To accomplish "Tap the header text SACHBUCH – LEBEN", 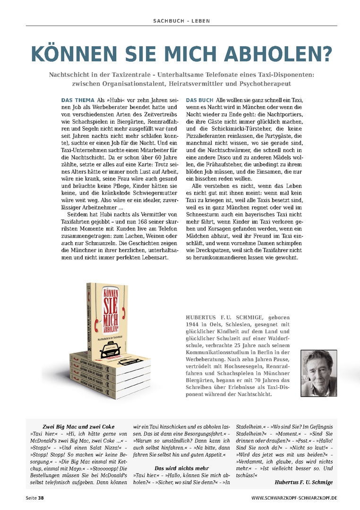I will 182,21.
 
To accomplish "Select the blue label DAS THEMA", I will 78,101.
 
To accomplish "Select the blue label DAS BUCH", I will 199,101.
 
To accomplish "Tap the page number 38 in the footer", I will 41,498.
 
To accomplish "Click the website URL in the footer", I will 294,498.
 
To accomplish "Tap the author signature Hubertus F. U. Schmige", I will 303,482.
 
